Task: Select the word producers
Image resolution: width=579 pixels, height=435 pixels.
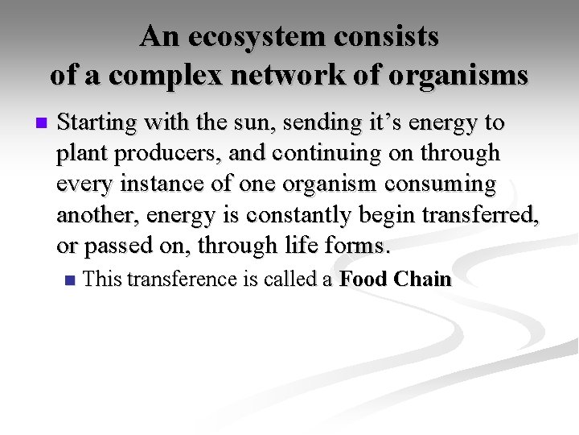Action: (155, 153)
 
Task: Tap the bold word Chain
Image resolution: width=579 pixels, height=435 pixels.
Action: (422, 280)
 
